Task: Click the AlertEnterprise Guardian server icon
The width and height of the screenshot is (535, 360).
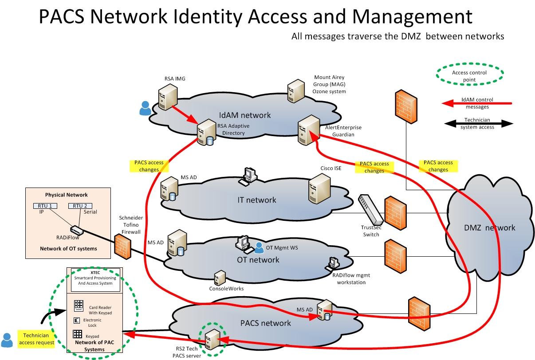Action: (x=308, y=129)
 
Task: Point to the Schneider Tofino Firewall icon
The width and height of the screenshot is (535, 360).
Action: (x=122, y=246)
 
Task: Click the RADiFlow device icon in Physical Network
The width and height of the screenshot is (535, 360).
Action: (x=76, y=230)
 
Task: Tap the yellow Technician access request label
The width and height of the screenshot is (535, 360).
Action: (x=36, y=339)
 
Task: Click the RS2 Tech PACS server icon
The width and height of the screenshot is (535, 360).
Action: (x=212, y=341)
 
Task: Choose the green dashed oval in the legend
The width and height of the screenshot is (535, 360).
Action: (x=469, y=76)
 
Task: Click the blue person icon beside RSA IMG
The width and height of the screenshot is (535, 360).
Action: (x=145, y=109)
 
